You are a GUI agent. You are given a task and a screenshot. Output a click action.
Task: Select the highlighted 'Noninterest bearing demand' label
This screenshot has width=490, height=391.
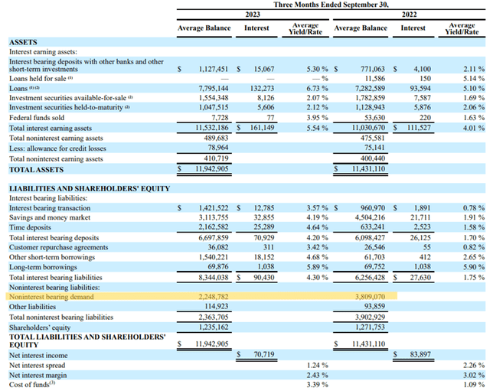[53, 295]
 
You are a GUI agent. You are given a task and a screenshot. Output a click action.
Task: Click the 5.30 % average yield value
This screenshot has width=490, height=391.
[312, 68]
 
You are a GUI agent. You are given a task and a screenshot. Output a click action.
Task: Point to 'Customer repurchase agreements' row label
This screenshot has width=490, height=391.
[60, 246]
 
